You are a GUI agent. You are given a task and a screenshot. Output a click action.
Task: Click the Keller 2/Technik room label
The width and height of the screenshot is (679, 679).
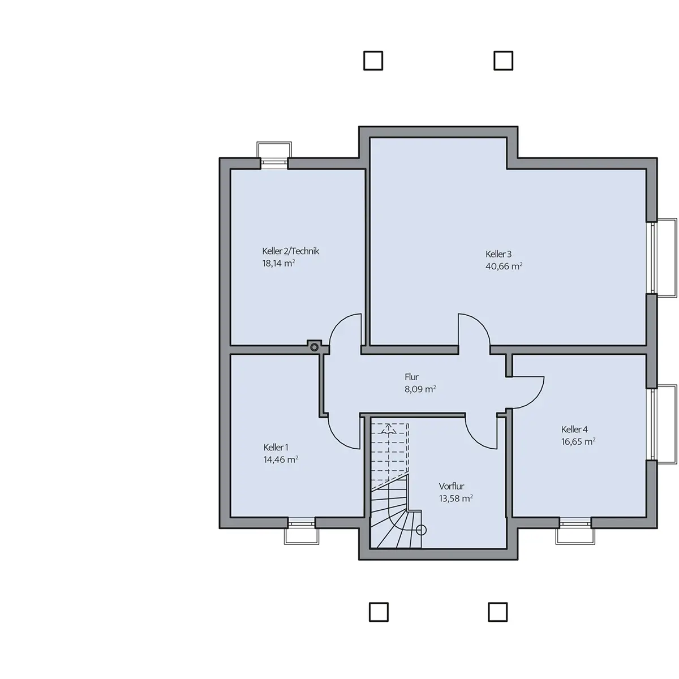pyautogui.click(x=291, y=251)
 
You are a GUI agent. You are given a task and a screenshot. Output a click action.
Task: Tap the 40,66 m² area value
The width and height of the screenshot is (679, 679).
pyautogui.click(x=504, y=267)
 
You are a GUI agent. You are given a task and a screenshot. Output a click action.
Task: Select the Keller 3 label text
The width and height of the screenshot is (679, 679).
pyautogui.click(x=498, y=254)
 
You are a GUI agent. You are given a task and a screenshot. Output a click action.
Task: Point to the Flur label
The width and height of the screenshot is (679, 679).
pyautogui.click(x=411, y=377)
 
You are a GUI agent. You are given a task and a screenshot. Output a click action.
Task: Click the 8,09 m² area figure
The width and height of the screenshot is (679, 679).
pyautogui.click(x=420, y=389)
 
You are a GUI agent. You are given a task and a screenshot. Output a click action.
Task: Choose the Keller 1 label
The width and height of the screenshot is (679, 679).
pyautogui.click(x=276, y=448)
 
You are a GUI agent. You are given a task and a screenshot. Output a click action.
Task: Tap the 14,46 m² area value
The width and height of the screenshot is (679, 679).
pyautogui.click(x=281, y=459)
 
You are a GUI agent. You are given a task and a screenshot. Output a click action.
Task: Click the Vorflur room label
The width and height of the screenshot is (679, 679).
pyautogui.click(x=452, y=486)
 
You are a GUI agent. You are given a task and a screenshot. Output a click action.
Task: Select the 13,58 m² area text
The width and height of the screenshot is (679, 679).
pyautogui.click(x=455, y=498)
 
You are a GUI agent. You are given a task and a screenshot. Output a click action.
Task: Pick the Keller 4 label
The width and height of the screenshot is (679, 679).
pyautogui.click(x=574, y=429)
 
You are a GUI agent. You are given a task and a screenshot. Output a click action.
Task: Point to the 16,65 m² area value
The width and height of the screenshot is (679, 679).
pyautogui.click(x=578, y=441)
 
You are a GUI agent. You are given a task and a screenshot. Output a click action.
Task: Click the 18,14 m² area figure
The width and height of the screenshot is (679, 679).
pyautogui.click(x=278, y=263)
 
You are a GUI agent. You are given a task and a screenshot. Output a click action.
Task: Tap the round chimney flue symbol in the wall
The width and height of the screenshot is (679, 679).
pyautogui.click(x=314, y=347)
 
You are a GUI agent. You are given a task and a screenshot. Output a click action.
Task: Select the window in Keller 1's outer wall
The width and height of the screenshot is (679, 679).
pyautogui.click(x=301, y=523)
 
